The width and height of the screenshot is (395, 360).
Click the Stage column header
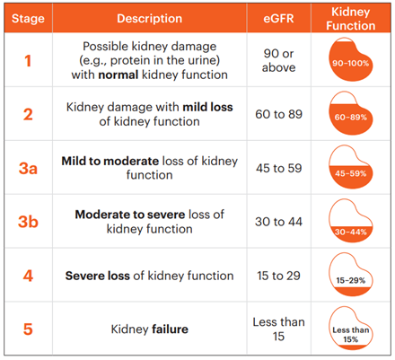click(28, 19)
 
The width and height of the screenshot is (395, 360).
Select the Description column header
click(150, 19)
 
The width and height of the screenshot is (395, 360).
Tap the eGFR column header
click(278, 19)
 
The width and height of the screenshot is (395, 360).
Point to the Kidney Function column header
click(351, 19)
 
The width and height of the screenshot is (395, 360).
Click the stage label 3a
click(28, 168)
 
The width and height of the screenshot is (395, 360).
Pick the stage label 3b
click(28, 222)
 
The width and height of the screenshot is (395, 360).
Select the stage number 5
click(28, 329)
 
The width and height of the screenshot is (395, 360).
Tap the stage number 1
click(28, 61)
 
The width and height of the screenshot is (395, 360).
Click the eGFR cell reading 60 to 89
click(278, 114)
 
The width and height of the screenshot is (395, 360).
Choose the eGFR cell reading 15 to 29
click(278, 276)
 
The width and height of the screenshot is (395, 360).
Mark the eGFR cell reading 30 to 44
click(278, 222)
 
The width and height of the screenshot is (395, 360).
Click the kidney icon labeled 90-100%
click(351, 59)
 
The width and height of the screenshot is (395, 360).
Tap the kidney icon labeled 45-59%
click(351, 167)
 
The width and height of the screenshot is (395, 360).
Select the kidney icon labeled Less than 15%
click(351, 328)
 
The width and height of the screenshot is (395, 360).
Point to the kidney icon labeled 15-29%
click(351, 275)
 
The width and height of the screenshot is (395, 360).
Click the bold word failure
click(171, 329)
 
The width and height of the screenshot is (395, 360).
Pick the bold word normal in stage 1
click(118, 75)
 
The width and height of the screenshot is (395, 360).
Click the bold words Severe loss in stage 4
click(98, 276)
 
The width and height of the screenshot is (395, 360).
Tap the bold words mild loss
click(208, 107)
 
